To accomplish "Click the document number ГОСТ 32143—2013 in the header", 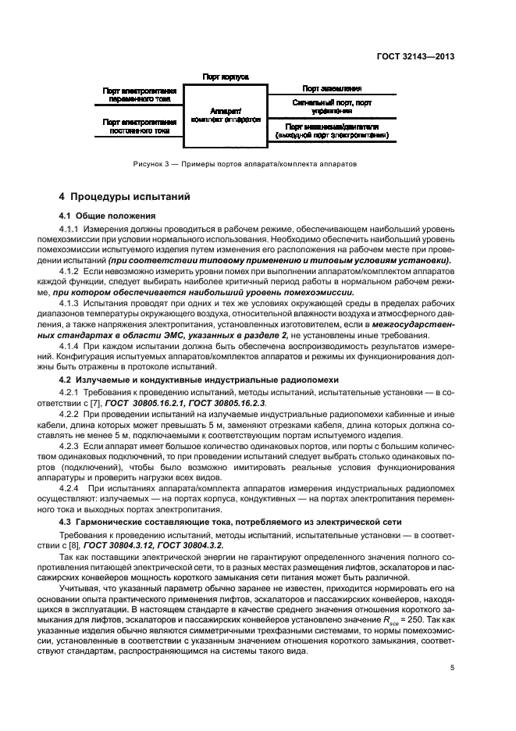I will click(415, 56).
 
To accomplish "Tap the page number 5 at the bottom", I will click(452, 667).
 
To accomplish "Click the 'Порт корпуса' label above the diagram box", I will click(225, 77).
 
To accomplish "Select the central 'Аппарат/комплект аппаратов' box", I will click(225, 116).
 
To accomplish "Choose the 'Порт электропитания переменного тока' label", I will click(138, 95).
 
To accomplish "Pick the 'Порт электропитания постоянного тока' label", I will click(138, 126).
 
